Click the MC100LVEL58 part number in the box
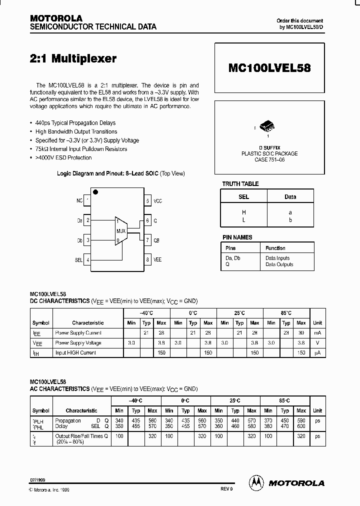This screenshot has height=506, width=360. [270, 68]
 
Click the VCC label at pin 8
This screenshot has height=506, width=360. [158, 200]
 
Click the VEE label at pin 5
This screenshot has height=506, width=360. [157, 259]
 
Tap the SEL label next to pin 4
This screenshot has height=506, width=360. [78, 260]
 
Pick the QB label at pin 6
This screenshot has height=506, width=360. [156, 240]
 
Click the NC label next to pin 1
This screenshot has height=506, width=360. [79, 200]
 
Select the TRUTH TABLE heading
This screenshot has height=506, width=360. [240, 184]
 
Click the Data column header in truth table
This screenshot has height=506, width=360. [290, 197]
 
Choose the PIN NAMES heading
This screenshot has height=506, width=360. [237, 237]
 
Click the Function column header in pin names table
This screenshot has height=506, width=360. [275, 248]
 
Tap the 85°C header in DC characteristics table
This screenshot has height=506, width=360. [286, 313]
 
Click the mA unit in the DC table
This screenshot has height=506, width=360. [317, 333]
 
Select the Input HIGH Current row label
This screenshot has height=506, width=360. [75, 352]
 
